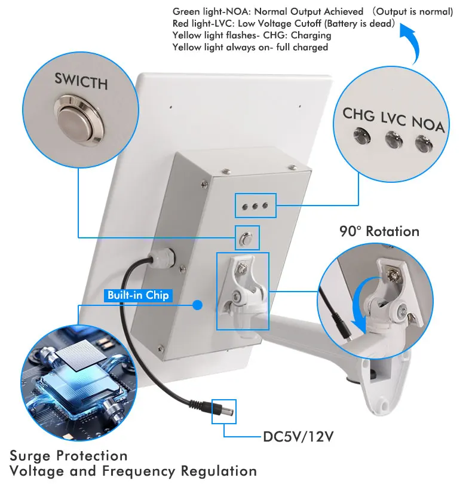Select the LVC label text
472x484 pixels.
point(393,118)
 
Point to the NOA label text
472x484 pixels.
point(429,124)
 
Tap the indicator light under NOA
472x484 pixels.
point(425,143)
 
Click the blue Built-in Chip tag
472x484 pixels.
point(138,295)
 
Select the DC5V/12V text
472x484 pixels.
point(298,436)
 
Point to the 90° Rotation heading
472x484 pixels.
point(379,231)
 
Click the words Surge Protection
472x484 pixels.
point(69,456)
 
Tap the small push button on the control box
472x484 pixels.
point(246,238)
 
